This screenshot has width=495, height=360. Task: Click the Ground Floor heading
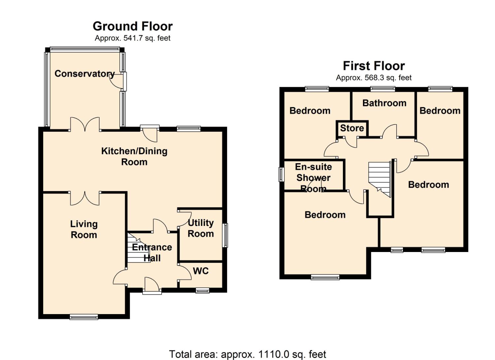(x=133, y=26)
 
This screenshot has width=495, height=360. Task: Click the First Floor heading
(x=374, y=66)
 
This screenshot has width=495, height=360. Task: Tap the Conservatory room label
(x=84, y=74)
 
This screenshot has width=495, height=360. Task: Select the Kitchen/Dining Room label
(x=134, y=157)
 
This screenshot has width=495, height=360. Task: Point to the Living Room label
(x=84, y=229)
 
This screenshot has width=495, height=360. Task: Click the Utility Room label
(x=201, y=228)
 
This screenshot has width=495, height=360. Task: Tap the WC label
(x=201, y=271)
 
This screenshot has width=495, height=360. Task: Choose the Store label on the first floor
(x=352, y=128)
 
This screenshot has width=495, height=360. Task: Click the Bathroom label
(x=384, y=103)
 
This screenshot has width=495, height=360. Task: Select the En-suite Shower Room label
(x=313, y=178)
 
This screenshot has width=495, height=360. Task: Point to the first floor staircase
(x=379, y=179)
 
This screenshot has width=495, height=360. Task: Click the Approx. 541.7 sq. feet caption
(x=133, y=38)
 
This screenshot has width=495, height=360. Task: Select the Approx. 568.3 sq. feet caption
(x=374, y=78)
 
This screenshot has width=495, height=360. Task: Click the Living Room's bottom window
(x=84, y=317)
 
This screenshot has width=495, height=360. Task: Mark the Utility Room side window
(x=225, y=235)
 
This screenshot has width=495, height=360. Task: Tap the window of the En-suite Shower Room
(x=281, y=174)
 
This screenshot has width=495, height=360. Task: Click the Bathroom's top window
(x=383, y=89)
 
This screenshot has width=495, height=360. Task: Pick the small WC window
(x=202, y=291)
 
